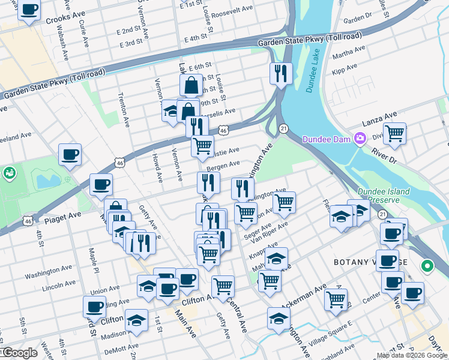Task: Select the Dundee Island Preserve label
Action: tap(384, 196)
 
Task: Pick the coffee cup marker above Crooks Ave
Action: tap(29, 10)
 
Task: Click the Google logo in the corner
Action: tap(19, 353)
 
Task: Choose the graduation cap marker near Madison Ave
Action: tap(137, 320)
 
